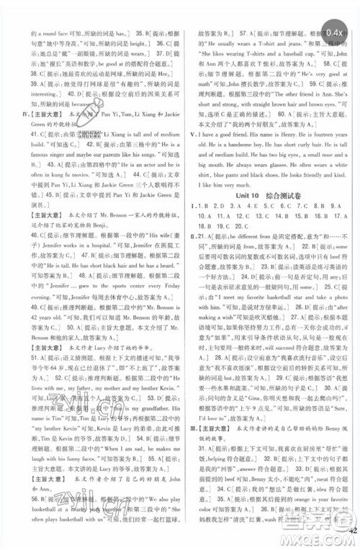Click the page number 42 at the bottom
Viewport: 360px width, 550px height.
351,533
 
